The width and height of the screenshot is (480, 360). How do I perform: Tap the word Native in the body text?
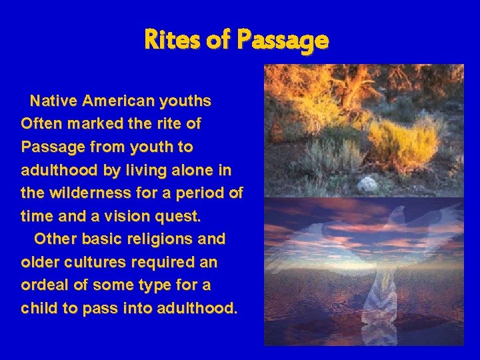click(53, 101)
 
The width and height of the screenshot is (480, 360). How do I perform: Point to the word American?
click(118, 101)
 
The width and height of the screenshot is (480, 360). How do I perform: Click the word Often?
click(40, 124)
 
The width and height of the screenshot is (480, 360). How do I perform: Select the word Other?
click(53, 239)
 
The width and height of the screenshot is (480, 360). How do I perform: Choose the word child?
click(39, 309)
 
